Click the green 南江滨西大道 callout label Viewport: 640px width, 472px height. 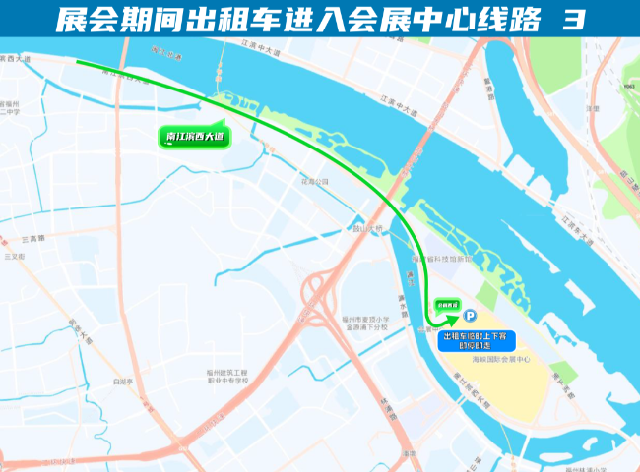click(x=194, y=139)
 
